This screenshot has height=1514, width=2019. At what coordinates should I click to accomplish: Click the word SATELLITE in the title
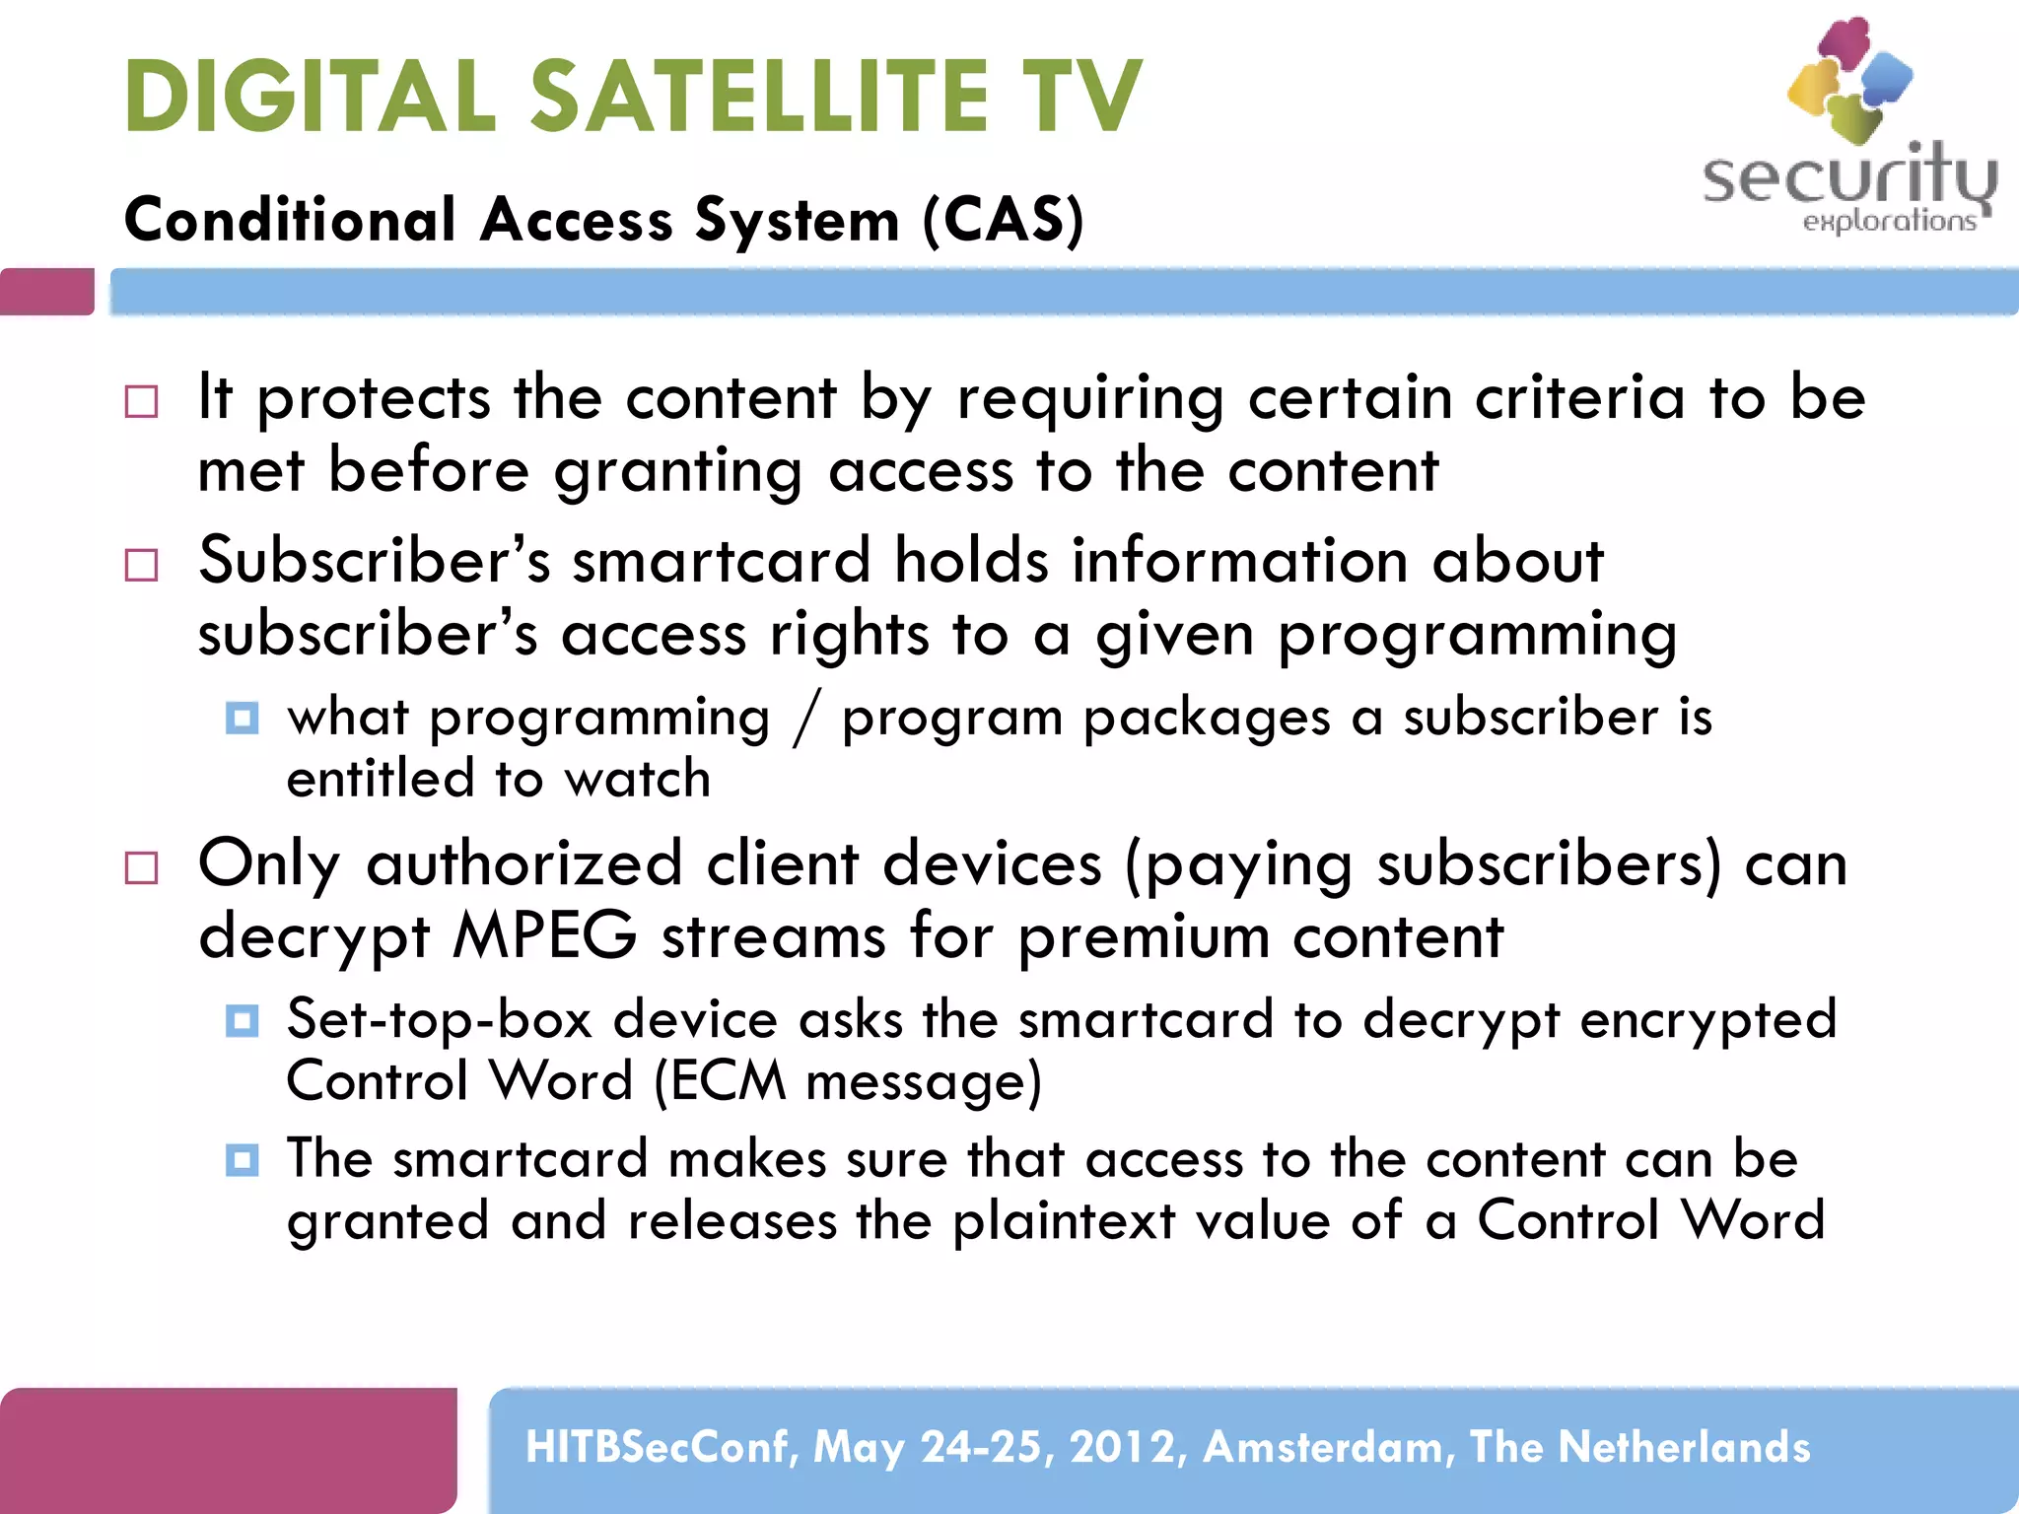tap(759, 96)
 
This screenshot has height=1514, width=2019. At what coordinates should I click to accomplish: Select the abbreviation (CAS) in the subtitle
tap(1004, 218)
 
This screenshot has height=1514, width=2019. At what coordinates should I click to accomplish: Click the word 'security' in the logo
tap(1848, 177)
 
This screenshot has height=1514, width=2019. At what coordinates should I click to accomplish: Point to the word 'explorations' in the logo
tap(1889, 221)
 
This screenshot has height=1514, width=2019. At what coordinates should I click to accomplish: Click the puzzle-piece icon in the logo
tap(1850, 79)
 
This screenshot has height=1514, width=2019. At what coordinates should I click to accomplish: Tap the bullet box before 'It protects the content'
tap(142, 401)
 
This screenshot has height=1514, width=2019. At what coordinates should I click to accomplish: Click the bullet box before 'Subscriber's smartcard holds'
tap(142, 565)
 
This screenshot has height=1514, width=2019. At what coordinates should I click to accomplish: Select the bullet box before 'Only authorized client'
tap(142, 867)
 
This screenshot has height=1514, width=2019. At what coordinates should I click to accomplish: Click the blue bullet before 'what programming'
tap(242, 718)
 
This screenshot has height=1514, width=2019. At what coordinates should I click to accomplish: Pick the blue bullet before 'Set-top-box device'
tap(242, 1020)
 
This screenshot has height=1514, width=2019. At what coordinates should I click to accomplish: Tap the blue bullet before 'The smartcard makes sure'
tap(242, 1160)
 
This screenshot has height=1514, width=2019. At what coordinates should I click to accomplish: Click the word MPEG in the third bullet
tap(544, 934)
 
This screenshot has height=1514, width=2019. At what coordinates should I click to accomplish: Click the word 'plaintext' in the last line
tap(1065, 1220)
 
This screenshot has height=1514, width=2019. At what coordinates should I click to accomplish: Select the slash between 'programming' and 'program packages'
tap(805, 718)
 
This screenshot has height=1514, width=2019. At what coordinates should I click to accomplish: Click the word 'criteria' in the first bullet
tap(1579, 397)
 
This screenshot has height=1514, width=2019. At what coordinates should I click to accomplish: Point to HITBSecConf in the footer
tap(661, 1447)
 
